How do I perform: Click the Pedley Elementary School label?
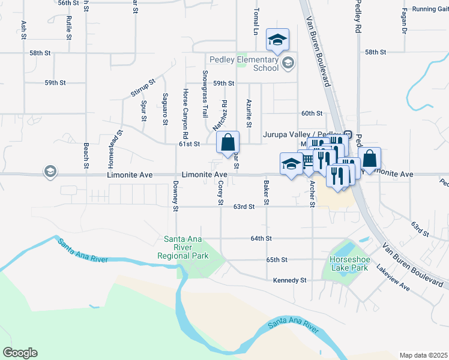244,64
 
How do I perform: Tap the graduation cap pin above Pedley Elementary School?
277,40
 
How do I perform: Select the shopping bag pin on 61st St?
228,143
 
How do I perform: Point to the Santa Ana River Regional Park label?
186,248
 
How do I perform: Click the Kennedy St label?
289,280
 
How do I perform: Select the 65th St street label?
277,259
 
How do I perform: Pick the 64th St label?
261,238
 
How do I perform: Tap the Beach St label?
86,155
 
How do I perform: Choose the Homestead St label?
111,149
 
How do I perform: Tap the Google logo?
20,353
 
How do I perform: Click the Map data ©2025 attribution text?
423,355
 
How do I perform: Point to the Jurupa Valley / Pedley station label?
302,134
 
